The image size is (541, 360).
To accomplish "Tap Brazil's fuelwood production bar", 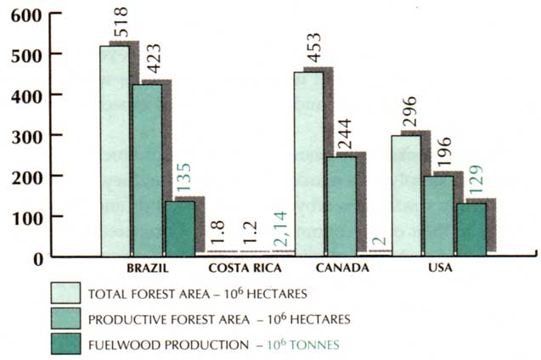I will [179, 228].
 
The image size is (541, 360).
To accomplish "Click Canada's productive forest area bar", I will [340, 205].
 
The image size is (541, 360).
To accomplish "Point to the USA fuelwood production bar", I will [471, 227].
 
